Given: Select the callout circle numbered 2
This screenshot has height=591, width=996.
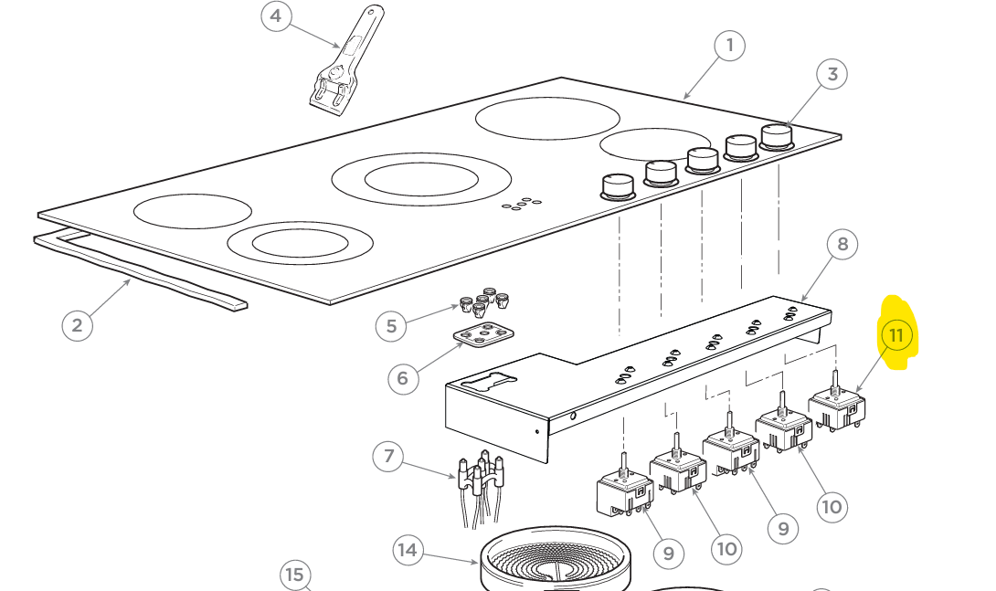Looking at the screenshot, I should (x=77, y=325).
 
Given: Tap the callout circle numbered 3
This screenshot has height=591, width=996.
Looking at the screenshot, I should (x=832, y=75).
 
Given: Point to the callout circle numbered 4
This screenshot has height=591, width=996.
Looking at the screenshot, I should (x=277, y=16).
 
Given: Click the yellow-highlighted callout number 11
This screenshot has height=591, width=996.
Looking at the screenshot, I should (x=895, y=335).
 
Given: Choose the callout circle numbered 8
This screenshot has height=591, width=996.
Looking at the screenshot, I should (x=842, y=244).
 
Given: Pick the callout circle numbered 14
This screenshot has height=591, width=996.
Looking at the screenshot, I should (x=408, y=550).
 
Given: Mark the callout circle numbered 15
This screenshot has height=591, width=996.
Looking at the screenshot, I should (x=294, y=575).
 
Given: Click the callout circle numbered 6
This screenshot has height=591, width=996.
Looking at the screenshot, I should (x=403, y=377).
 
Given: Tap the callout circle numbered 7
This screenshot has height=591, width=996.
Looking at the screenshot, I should (x=388, y=456).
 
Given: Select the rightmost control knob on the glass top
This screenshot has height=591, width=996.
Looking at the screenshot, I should (x=777, y=137).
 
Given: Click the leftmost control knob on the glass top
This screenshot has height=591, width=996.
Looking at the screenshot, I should (x=618, y=185).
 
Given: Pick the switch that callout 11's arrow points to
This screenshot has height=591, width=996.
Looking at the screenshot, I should (x=837, y=406).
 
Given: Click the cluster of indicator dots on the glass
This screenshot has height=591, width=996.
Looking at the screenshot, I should (x=520, y=205).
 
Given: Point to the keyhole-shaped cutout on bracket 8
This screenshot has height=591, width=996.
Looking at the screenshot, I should (x=489, y=383).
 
